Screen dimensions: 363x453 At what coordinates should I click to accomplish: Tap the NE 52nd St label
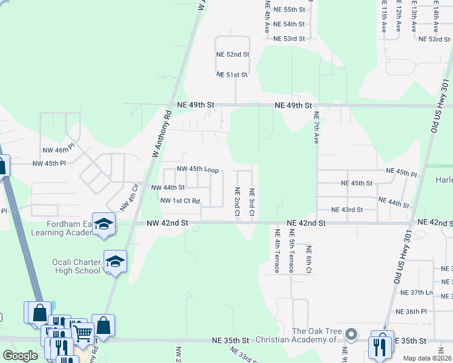click(x=233, y=54)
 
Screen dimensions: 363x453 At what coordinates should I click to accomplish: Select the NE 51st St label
click(x=233, y=75)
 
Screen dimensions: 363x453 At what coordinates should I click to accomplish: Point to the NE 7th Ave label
click(x=316, y=127)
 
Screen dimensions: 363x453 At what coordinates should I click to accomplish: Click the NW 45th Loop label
click(x=197, y=169)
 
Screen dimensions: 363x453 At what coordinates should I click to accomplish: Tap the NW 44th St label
click(x=168, y=188)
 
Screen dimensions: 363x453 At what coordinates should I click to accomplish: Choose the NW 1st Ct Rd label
click(x=180, y=200)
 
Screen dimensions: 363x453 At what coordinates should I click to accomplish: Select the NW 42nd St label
click(x=168, y=223)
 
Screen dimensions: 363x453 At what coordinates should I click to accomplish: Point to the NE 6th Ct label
click(x=308, y=258)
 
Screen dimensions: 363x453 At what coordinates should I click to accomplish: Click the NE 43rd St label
click(x=346, y=210)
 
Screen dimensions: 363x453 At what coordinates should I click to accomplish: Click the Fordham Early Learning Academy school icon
click(x=104, y=223)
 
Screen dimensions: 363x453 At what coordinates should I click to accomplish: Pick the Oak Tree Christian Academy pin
click(x=349, y=335)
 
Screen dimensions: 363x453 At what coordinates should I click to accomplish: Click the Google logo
click(x=20, y=356)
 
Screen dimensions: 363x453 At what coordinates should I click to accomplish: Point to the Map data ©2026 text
click(x=428, y=358)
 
